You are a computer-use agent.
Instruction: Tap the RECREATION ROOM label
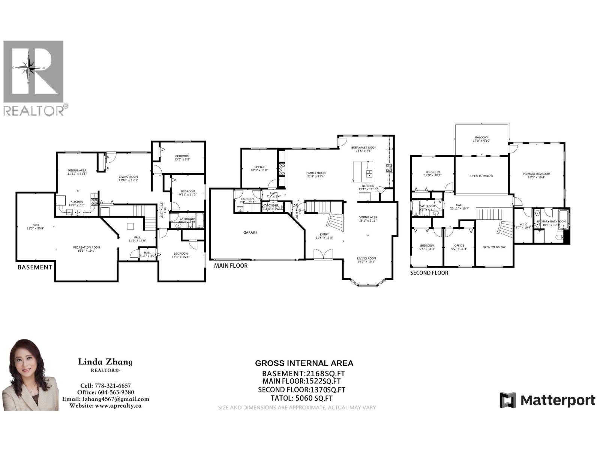pyautogui.click(x=87, y=247)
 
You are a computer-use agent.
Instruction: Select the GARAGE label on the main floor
pyautogui.click(x=250, y=232)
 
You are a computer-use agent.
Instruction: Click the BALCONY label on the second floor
pyautogui.click(x=481, y=138)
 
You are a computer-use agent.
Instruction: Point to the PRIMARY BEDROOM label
pyautogui.click(x=537, y=174)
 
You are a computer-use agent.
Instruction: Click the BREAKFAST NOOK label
pyautogui.click(x=363, y=147)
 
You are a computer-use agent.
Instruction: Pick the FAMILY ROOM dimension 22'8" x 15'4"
pyautogui.click(x=315, y=176)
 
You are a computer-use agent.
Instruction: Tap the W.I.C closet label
pyautogui.click(x=523, y=224)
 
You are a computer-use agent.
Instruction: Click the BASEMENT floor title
pyautogui.click(x=35, y=267)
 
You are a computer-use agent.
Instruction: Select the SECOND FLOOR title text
pyautogui.click(x=429, y=273)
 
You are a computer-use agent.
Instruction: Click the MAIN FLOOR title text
pyautogui.click(x=231, y=265)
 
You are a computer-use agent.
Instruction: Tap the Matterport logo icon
pyautogui.click(x=507, y=400)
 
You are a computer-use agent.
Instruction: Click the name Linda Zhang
pyautogui.click(x=105, y=362)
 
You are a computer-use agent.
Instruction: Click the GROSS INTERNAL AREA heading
pyautogui.click(x=304, y=363)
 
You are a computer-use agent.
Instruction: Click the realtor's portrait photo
pyautogui.click(x=31, y=375)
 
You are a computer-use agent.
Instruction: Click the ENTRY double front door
pyautogui.click(x=319, y=255)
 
